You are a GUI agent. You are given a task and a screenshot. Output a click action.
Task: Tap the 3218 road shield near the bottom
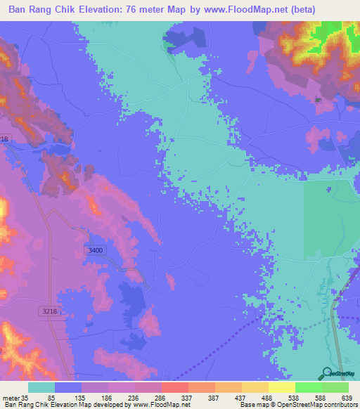click(47, 310)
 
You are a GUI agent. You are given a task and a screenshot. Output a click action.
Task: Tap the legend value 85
click(50, 397)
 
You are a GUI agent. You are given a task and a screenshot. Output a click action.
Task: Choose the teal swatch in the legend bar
click(41, 387)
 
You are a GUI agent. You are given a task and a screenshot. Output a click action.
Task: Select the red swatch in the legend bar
click(175, 387)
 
